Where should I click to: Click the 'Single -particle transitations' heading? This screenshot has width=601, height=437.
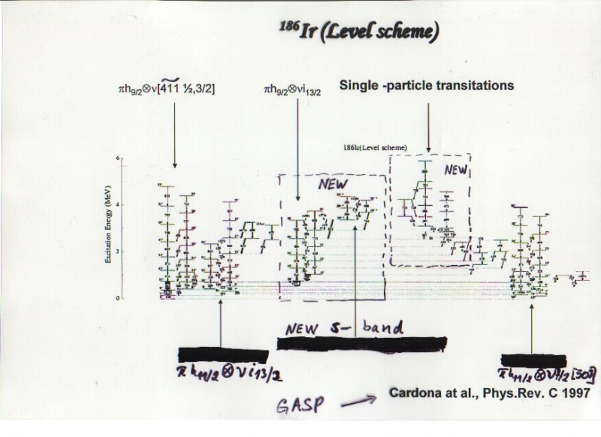coord(427,86)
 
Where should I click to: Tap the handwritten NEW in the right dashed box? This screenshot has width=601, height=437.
coord(455,170)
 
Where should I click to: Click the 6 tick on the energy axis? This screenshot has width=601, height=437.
coord(118,158)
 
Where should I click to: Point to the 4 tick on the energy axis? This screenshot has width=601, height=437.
coord(118,204)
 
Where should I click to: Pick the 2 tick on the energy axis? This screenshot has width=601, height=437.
coord(118,252)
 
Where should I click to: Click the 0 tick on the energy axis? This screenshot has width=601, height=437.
coord(118,298)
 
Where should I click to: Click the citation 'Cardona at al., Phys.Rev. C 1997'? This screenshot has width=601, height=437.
coord(484,393)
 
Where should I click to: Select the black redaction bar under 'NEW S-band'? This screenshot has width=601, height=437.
coord(361,344)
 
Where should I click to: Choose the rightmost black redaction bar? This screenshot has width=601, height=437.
coord(533,360)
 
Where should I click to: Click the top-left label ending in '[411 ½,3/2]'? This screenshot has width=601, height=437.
coord(174,92)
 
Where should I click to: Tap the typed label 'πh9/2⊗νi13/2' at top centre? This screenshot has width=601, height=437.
coord(297,90)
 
